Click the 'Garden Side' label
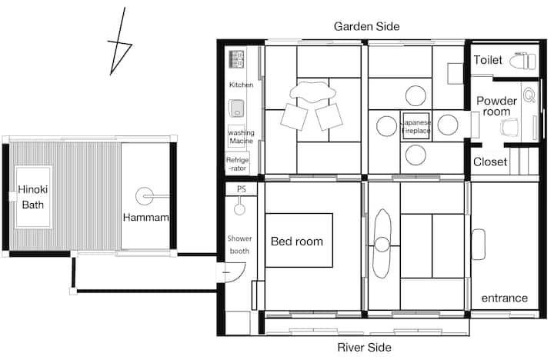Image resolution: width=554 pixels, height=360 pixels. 366,26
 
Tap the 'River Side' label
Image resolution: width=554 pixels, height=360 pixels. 364,347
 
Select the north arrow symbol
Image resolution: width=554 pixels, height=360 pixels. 119,42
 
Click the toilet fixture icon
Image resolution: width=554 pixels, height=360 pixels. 523,61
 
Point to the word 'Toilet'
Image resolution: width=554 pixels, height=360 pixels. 488,60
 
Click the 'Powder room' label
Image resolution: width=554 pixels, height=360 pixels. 496,106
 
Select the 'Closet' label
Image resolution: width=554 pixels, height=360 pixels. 490,162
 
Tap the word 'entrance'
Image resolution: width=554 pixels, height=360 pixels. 504,298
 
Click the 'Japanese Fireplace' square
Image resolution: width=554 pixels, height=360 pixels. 415,126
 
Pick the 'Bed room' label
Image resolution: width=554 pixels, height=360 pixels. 297,242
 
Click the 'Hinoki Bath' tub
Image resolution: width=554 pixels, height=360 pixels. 34,197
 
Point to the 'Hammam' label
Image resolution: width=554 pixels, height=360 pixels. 145,217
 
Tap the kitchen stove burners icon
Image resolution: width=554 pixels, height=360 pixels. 236,59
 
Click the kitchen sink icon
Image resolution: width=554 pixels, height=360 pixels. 236,108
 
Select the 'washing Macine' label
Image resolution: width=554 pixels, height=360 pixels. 241,137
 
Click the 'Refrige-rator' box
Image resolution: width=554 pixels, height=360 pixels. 238,163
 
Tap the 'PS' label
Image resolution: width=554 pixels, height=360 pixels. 242,189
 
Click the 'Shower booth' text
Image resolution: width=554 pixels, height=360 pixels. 239,245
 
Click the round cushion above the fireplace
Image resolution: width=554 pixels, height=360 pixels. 415,95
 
